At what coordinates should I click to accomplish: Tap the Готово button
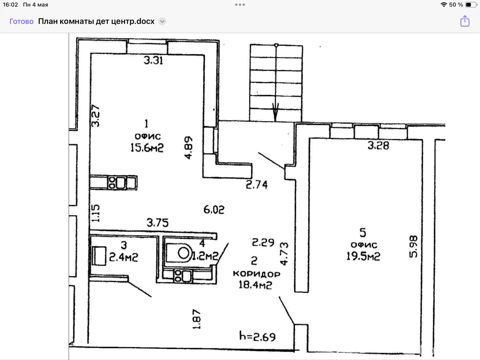point(21,21)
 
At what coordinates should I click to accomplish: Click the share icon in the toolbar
point(465,21)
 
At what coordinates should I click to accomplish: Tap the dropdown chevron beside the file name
point(162,21)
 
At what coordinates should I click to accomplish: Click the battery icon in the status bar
point(471,4)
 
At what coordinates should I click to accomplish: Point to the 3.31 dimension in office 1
point(153,60)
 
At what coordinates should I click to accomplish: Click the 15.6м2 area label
point(147,148)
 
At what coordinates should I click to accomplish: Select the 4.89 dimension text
point(188,148)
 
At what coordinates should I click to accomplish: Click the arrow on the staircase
point(275,112)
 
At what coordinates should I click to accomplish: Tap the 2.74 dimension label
point(256,185)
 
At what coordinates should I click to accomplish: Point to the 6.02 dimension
point(214,210)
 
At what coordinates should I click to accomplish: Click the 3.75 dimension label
point(158,223)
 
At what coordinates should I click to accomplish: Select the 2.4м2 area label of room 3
point(124,257)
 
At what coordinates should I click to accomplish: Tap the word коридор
point(256,274)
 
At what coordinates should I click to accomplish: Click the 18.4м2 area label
point(255,285)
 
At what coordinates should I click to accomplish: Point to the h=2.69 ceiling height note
point(257,337)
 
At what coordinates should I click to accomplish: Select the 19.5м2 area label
point(363,256)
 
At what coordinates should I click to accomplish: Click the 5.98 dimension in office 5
point(413,247)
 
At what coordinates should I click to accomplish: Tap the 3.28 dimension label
point(378,145)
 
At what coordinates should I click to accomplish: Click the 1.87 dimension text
point(196,319)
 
